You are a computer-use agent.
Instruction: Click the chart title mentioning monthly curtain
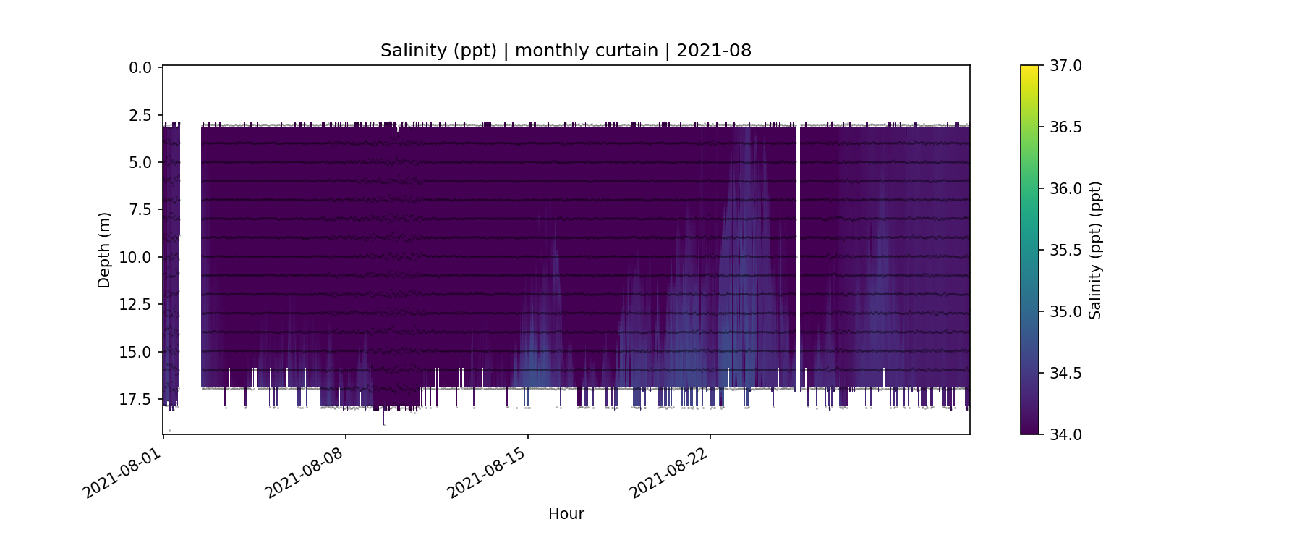tap(566, 51)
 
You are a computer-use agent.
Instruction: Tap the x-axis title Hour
tap(566, 514)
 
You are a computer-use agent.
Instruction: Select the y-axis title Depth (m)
tap(104, 250)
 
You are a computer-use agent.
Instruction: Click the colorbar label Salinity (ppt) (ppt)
tap(1095, 250)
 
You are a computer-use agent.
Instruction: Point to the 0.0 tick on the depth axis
tap(140, 68)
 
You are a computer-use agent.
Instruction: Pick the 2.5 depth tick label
tap(140, 115)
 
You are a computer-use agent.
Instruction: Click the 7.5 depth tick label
tap(140, 210)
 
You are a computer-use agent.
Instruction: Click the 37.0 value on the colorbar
tap(1065, 66)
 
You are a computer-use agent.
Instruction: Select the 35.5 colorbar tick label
tap(1065, 251)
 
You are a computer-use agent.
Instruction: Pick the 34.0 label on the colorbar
tap(1065, 434)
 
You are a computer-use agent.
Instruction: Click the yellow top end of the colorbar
tap(1029, 69)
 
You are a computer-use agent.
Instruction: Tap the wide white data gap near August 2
tap(190, 253)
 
